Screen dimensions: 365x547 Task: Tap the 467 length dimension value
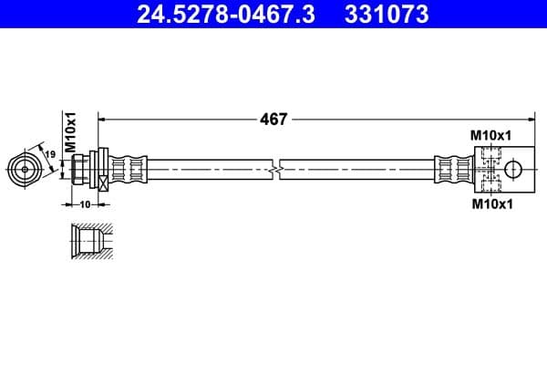coord(273,119)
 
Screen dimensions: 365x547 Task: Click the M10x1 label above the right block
coord(490,135)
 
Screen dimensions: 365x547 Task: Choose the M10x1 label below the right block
coord(490,203)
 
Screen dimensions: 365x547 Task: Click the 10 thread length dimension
coord(86,204)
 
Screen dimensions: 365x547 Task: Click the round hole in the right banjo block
coord(513,169)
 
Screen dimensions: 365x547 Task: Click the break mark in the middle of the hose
coord(277,169)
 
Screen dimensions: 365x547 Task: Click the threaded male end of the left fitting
coord(82,169)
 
